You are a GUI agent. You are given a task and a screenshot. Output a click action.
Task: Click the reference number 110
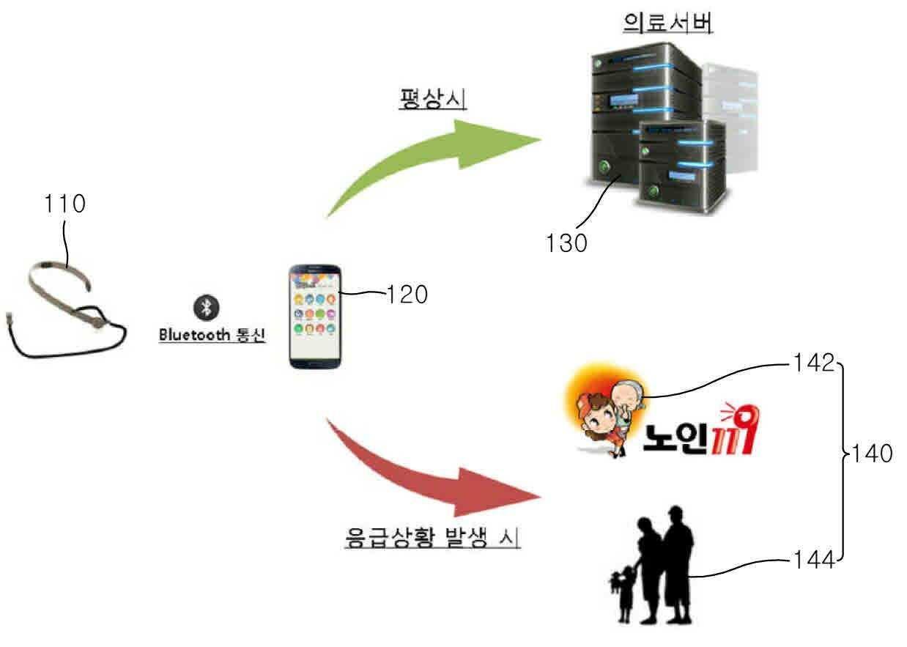(64, 204)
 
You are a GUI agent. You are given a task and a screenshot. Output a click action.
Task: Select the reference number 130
(566, 243)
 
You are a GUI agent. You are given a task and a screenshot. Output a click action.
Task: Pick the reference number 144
(814, 561)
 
